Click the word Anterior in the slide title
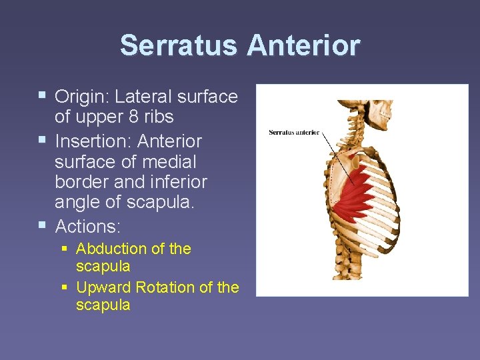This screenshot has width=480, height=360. (x=303, y=45)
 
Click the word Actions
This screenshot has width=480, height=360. (x=87, y=227)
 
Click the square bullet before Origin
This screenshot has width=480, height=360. (x=43, y=95)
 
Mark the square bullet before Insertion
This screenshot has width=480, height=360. (x=43, y=141)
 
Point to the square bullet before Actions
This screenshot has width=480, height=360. (x=43, y=225)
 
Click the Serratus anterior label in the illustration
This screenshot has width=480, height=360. (x=294, y=132)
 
